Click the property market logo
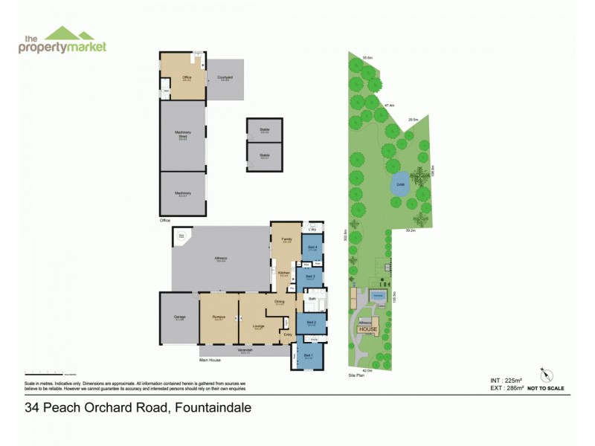click(x=62, y=40)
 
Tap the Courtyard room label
click(x=225, y=78)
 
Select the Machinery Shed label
click(x=182, y=135)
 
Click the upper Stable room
click(x=265, y=131)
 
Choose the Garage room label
click(x=179, y=318)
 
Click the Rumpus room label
click(x=218, y=318)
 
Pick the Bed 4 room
click(x=313, y=248)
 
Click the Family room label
click(x=286, y=239)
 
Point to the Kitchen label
click(x=283, y=274)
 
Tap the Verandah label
click(x=245, y=350)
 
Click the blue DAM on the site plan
click(x=400, y=184)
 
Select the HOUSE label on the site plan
click(x=368, y=329)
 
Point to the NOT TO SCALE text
click(x=546, y=388)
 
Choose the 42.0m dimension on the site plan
click(x=367, y=370)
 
